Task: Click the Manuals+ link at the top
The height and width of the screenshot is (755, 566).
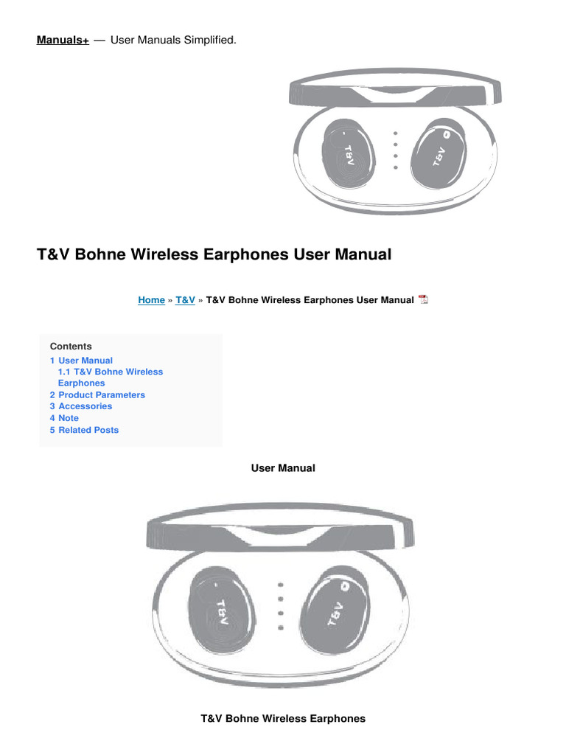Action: pyautogui.click(x=63, y=40)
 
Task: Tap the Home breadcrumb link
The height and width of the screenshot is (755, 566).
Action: pyautogui.click(x=151, y=300)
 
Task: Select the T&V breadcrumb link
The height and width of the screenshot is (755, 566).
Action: pyautogui.click(x=185, y=300)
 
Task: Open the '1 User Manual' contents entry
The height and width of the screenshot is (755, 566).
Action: pyautogui.click(x=81, y=361)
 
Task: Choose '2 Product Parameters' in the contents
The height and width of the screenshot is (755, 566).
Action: pyautogui.click(x=97, y=395)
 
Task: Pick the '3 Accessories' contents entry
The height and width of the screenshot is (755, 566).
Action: pyautogui.click(x=81, y=406)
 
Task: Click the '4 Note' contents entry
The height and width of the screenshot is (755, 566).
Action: pyautogui.click(x=64, y=418)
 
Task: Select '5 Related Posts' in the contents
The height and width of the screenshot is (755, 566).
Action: pyautogui.click(x=84, y=430)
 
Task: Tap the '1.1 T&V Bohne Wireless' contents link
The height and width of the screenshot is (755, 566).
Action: pyautogui.click(x=110, y=372)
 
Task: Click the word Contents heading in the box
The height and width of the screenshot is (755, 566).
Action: pyautogui.click(x=71, y=347)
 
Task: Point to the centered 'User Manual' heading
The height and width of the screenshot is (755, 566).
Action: pyautogui.click(x=283, y=468)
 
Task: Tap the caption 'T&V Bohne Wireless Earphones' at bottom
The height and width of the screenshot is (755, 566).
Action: pyautogui.click(x=283, y=718)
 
